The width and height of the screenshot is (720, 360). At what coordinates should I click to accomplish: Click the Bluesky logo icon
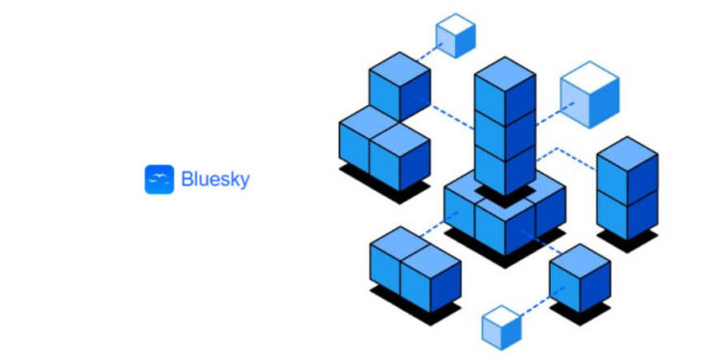(x=158, y=180)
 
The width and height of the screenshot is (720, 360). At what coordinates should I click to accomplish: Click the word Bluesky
(x=215, y=180)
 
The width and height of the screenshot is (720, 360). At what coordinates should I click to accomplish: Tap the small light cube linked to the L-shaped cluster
(x=455, y=36)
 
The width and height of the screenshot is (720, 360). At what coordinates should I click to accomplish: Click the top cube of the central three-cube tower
(x=504, y=90)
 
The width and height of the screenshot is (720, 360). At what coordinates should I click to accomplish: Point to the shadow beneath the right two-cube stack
(x=628, y=241)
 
